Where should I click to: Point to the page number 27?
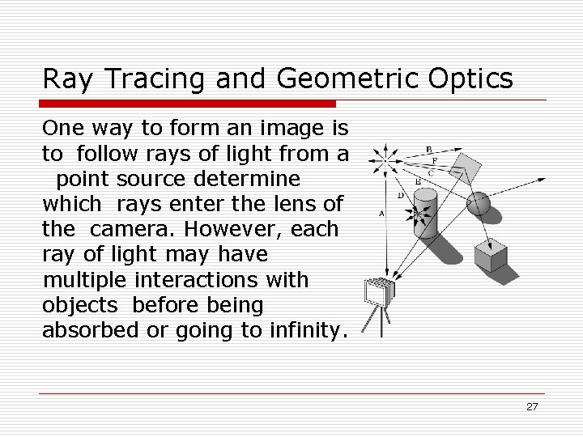point(532,406)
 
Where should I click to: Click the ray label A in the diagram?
point(381,213)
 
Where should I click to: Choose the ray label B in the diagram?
point(428,149)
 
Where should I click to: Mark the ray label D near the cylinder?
point(400,195)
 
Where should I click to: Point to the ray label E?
point(418,182)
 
